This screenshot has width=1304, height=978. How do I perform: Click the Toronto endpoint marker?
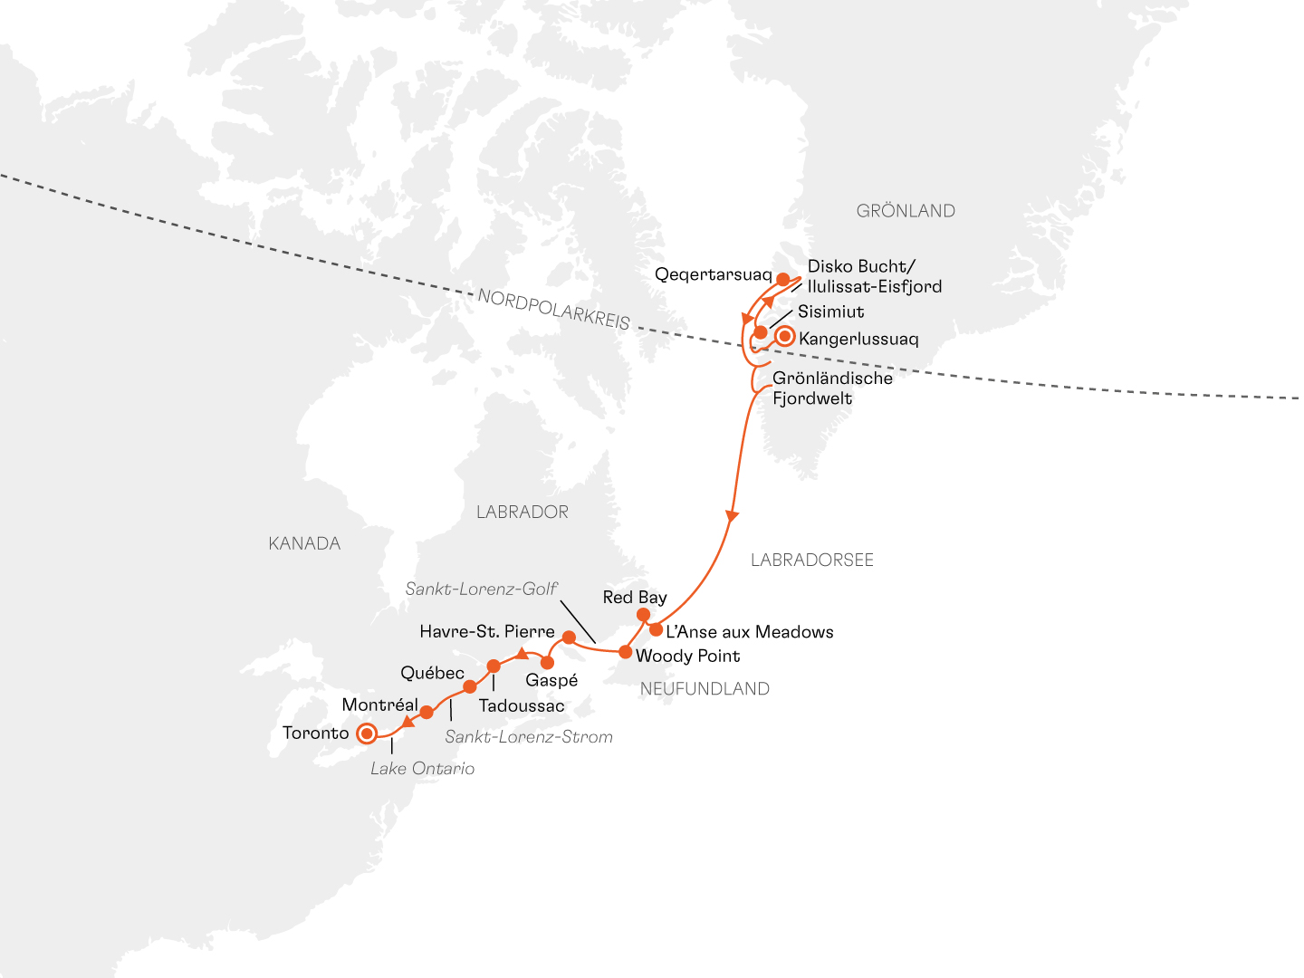[367, 733]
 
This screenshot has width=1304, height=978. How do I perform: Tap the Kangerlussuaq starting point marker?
[785, 337]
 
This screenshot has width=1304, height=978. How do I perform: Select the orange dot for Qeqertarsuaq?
[783, 280]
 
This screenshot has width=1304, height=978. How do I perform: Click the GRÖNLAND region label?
[906, 211]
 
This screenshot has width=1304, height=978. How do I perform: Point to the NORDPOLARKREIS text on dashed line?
[553, 310]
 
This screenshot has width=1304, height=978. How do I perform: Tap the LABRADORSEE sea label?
[811, 561]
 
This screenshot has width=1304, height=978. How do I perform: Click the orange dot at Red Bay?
[643, 615]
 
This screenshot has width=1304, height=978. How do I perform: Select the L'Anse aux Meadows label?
[750, 632]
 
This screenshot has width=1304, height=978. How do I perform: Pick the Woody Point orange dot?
[625, 651]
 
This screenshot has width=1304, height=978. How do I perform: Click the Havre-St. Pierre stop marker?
[569, 638]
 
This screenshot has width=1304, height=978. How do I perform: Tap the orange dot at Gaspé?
[547, 663]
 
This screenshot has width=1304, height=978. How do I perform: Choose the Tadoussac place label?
[522, 705]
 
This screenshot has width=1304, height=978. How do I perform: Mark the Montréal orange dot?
[427, 712]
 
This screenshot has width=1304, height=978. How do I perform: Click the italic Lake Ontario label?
[422, 769]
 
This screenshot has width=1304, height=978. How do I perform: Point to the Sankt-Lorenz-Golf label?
[481, 589]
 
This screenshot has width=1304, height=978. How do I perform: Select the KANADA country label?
[304, 543]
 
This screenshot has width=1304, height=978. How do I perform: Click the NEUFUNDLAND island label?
[705, 689]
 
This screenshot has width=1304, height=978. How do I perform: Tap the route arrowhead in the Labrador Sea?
[732, 515]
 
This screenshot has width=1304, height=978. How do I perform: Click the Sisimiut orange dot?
[761, 332]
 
